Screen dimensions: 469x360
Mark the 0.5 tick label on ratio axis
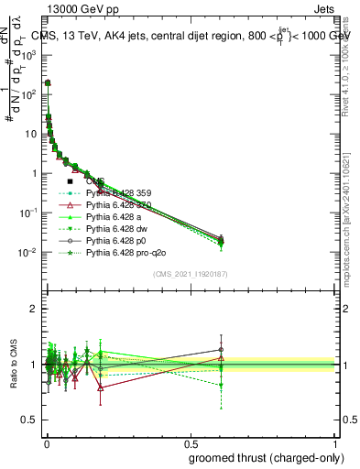tap(30, 420)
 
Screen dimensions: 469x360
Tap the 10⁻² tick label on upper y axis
tap(28, 252)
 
